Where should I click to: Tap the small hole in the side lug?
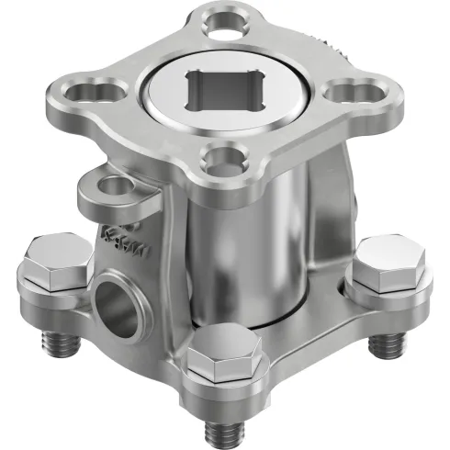[x=111, y=187]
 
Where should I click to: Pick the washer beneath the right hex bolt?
[x=390, y=288]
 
